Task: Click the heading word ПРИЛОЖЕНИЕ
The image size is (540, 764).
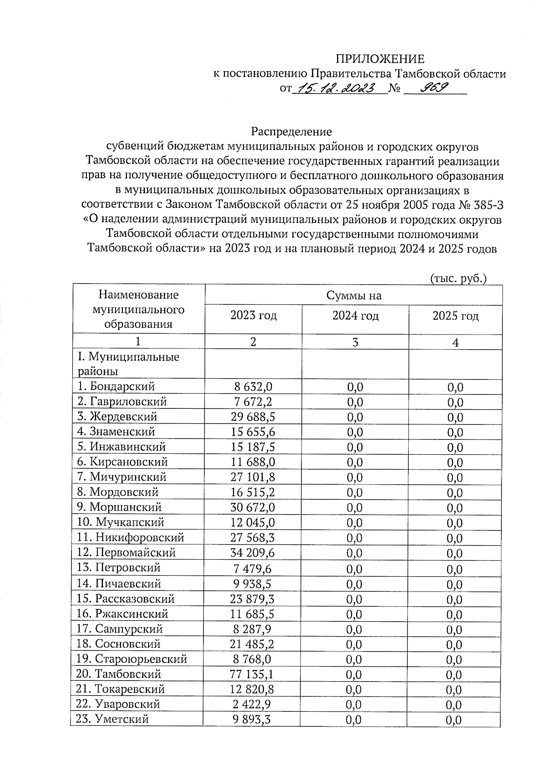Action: click(x=380, y=59)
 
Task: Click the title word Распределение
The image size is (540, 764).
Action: click(x=291, y=131)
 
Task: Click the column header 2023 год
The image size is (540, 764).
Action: click(x=253, y=316)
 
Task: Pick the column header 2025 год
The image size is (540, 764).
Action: click(x=455, y=316)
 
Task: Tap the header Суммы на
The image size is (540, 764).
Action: click(x=354, y=295)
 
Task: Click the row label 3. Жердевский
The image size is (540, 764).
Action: click(x=117, y=416)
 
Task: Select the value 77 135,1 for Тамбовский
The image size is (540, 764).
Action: click(x=252, y=674)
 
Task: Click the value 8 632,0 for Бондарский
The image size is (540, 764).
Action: click(x=253, y=386)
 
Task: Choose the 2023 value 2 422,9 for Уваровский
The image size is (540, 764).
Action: click(x=252, y=704)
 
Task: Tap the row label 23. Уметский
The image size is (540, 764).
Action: click(x=112, y=719)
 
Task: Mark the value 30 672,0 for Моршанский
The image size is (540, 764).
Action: click(x=252, y=507)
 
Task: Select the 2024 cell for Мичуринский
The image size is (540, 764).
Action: click(x=355, y=477)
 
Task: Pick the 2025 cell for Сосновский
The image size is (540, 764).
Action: click(x=454, y=644)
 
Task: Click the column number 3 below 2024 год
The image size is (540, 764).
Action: click(x=355, y=342)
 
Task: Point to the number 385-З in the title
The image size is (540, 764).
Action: click(x=487, y=205)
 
